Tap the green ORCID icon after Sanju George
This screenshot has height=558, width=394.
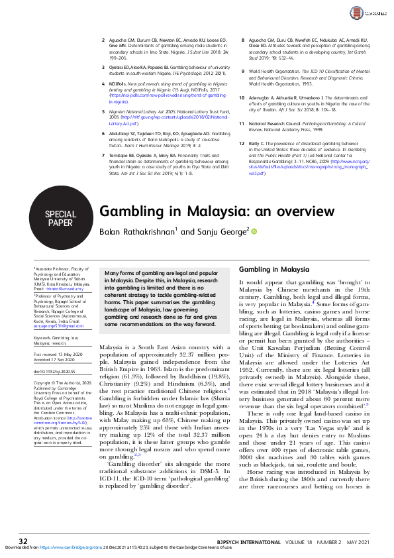point(253,231)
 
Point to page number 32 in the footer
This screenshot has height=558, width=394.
point(23,541)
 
